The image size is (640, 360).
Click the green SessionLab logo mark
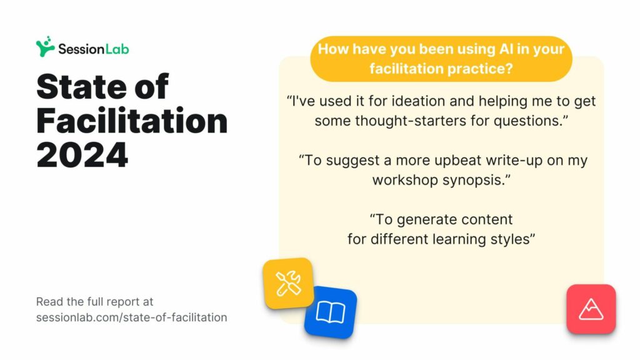(45, 46)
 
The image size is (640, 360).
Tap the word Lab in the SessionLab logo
(117, 49)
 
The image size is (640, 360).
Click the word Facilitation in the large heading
(132, 121)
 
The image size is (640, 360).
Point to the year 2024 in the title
(82, 155)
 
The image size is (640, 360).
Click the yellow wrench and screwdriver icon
(288, 283)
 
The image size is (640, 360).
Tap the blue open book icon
(330, 312)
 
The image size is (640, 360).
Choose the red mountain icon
(591, 309)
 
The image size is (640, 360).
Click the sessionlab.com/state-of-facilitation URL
(131, 317)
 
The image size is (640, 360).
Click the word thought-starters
(409, 121)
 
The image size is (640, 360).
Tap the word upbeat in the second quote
(457, 161)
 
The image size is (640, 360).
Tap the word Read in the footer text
(49, 302)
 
